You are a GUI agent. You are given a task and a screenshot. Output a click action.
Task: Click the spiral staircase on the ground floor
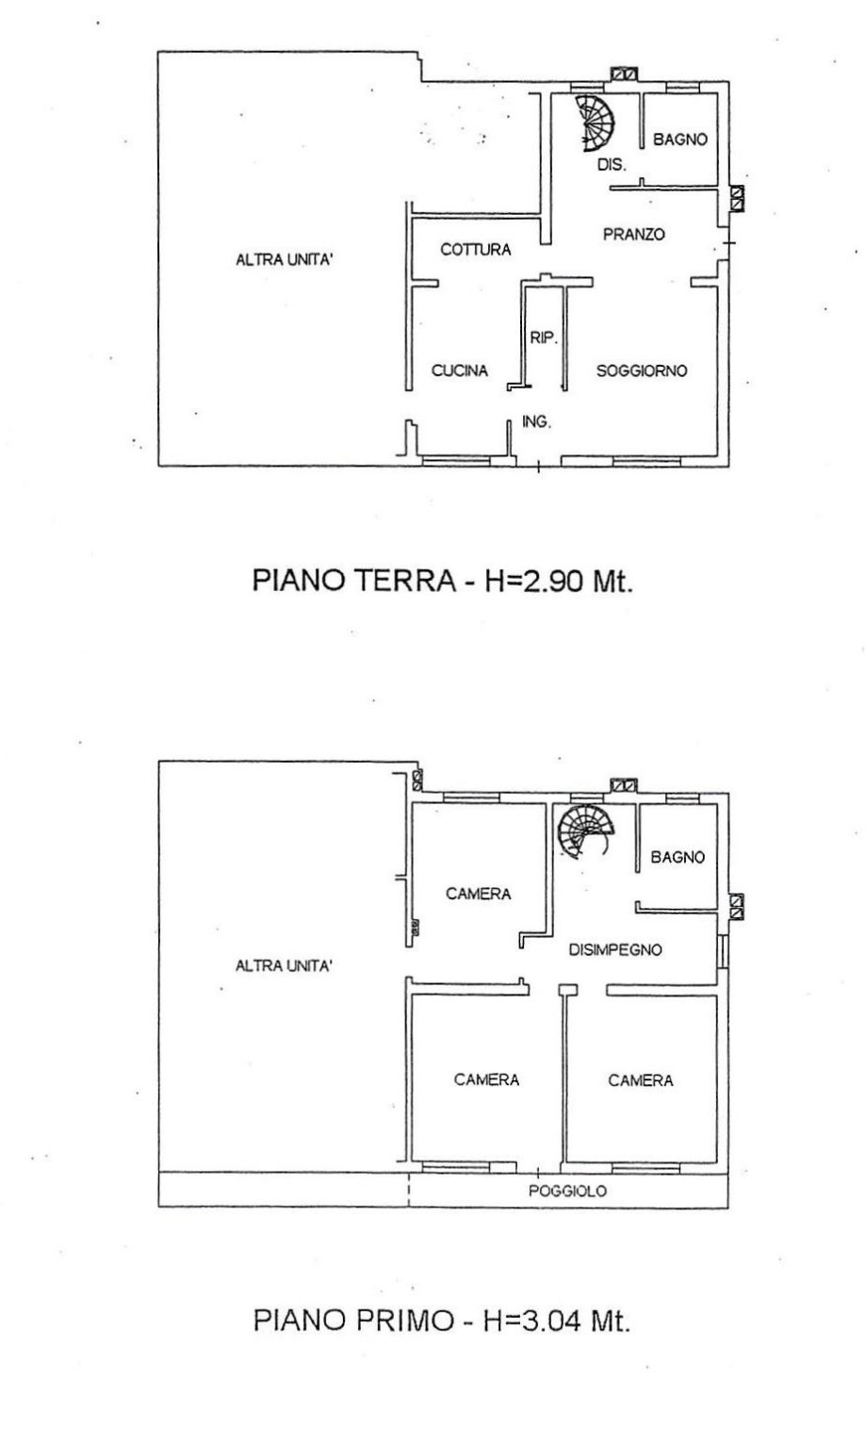pos(596,123)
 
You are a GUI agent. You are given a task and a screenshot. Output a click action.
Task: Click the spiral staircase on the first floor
pos(585,831)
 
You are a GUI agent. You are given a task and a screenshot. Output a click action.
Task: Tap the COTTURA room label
pos(476,250)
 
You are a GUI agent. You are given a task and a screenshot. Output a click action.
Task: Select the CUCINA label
pos(460,370)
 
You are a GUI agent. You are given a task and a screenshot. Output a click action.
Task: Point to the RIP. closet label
pos(544,337)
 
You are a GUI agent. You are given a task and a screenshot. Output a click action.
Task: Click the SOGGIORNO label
pos(641,370)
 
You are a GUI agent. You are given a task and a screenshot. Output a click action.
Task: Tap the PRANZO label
pos(634,234)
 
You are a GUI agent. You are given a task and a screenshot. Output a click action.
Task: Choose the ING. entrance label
pos(536,422)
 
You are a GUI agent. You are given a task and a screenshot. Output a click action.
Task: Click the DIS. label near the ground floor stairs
pos(612,165)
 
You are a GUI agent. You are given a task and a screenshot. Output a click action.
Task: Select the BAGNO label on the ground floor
pos(679,139)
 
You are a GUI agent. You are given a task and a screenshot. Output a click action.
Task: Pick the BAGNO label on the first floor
pos(678,857)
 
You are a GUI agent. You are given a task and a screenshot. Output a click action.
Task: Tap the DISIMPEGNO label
pos(615,949)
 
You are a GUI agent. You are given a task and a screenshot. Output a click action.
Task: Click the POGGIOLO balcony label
pos(567,1191)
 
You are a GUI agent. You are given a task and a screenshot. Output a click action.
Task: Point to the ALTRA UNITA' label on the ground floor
pos(285,260)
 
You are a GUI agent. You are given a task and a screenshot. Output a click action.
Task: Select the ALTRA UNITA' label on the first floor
pos(284,965)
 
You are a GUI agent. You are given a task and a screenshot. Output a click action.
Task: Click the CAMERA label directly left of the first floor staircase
pos(479,894)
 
